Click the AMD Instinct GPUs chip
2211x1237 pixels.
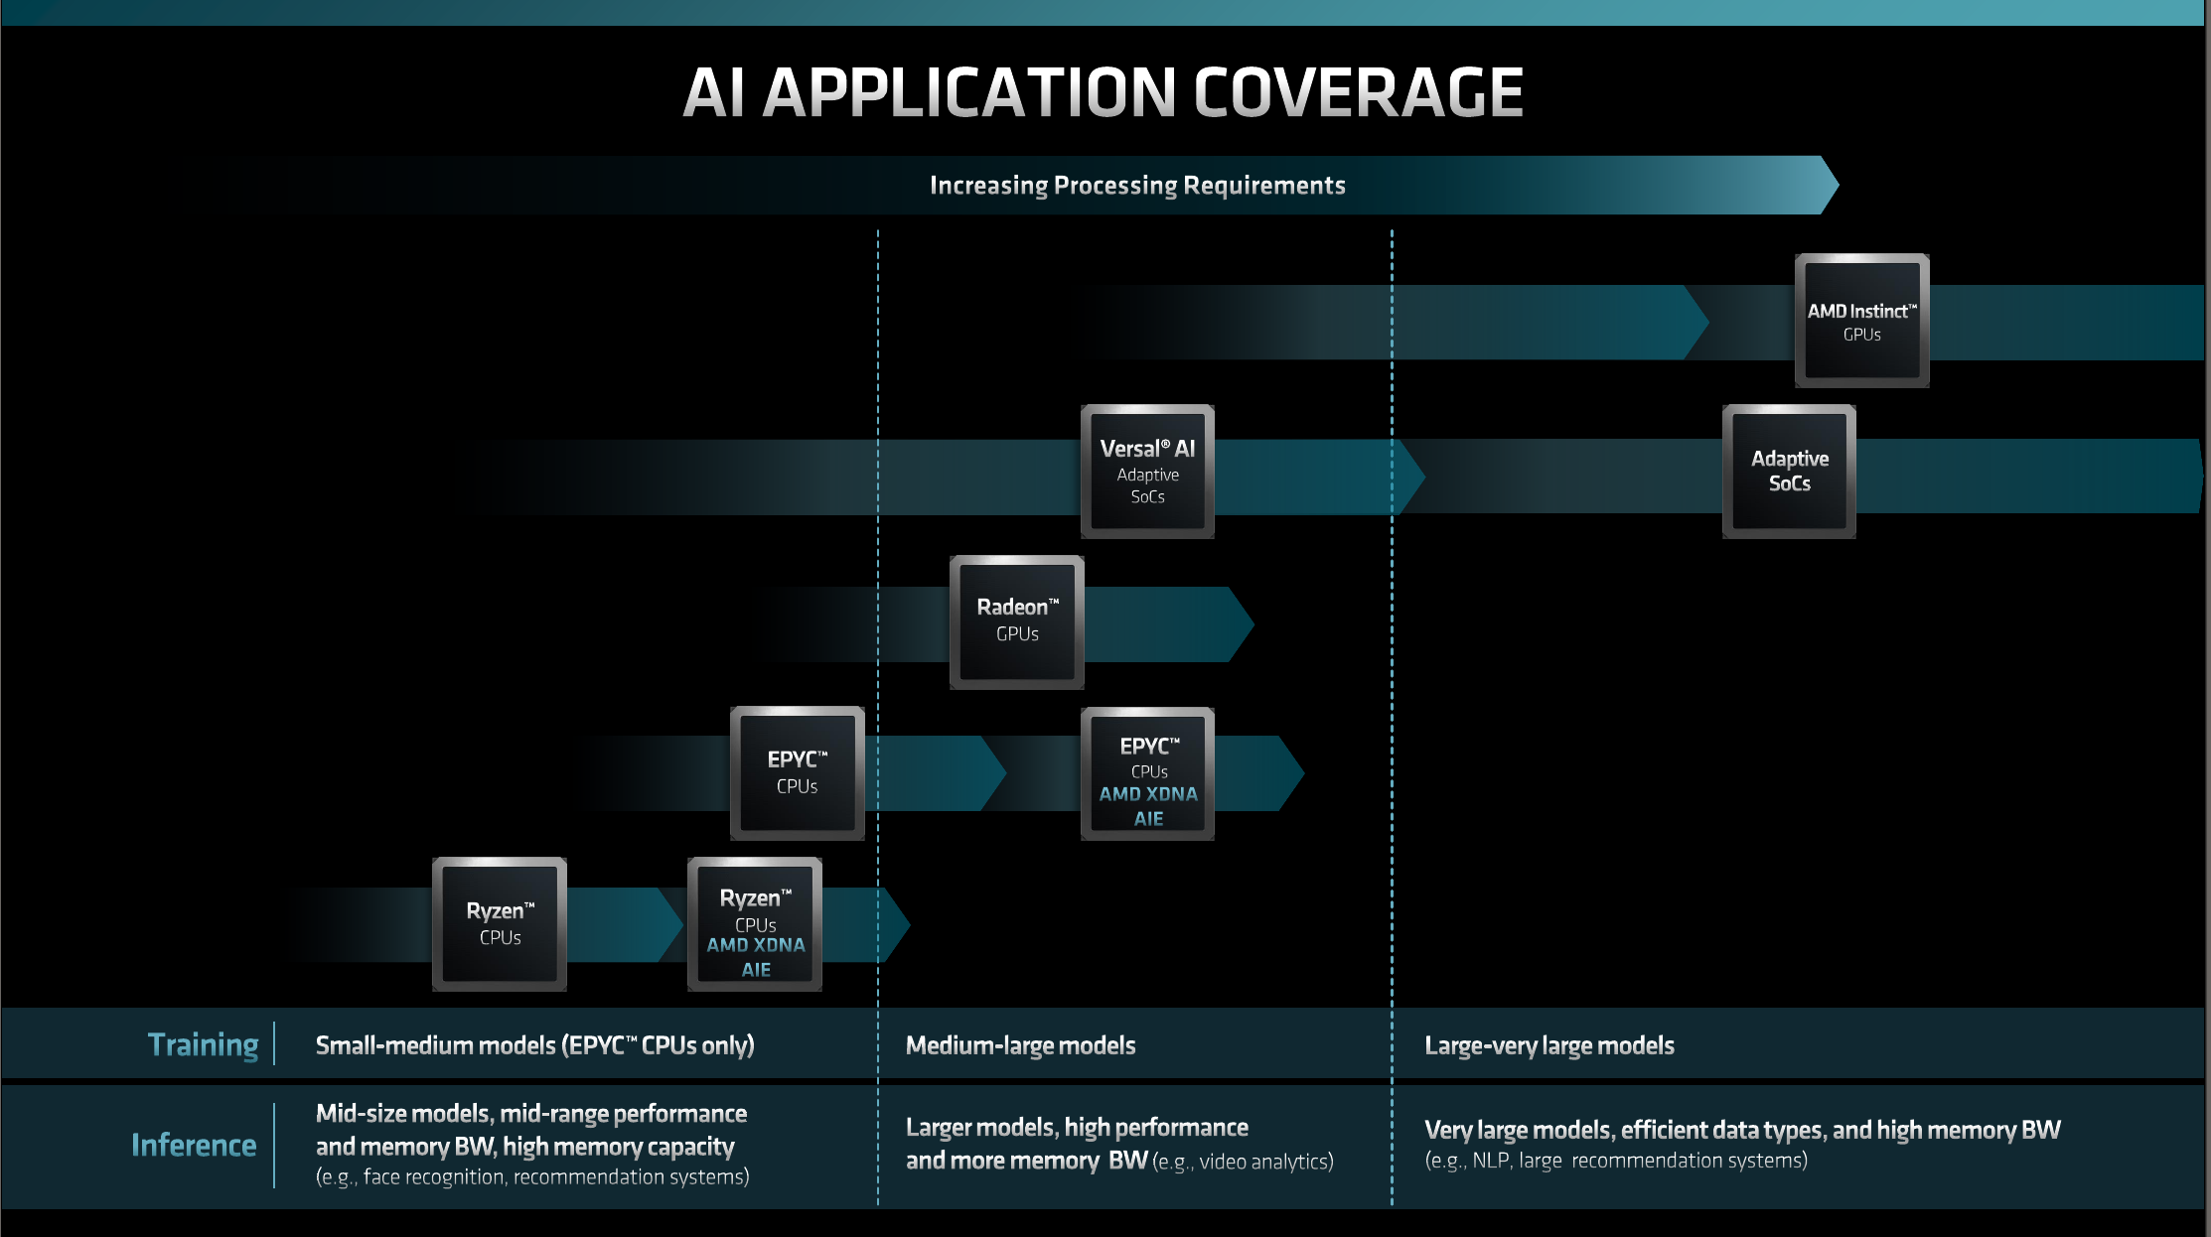(x=1861, y=321)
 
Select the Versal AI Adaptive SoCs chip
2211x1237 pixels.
(x=1147, y=472)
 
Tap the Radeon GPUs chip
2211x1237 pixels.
(x=1017, y=621)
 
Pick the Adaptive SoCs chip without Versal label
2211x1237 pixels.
(x=1789, y=472)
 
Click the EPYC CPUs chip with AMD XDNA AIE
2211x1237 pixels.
(x=1147, y=774)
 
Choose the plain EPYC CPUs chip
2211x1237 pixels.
(x=797, y=772)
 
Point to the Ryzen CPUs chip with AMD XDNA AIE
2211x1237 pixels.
(x=755, y=924)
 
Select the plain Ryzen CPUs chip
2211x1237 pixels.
(x=500, y=923)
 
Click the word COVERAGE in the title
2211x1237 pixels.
(x=1358, y=93)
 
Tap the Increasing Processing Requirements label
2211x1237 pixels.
(x=1137, y=186)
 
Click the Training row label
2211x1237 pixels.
(x=203, y=1044)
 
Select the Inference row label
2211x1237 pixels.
(x=194, y=1145)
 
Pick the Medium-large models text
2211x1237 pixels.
(x=1020, y=1045)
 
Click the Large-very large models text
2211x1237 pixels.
(x=1548, y=1045)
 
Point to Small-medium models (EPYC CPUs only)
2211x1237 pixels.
(x=534, y=1045)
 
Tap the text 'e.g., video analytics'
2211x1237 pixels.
(x=1243, y=1162)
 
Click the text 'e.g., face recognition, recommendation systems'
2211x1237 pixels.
(x=532, y=1176)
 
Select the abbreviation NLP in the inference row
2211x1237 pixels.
(x=1490, y=1161)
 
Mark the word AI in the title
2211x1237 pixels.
(x=714, y=93)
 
